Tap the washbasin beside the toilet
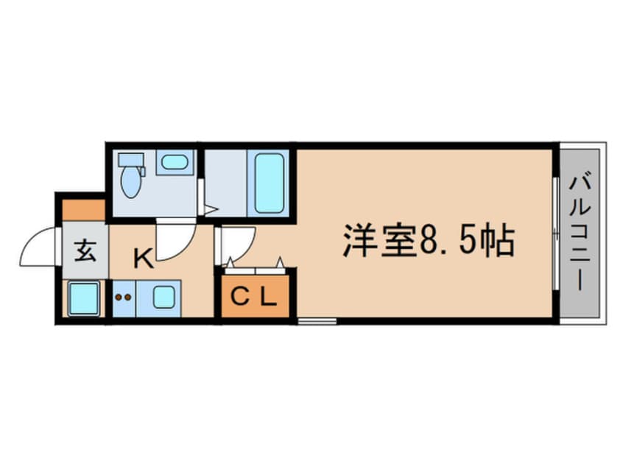(175, 162)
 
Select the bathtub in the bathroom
(269, 182)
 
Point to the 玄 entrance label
(85, 253)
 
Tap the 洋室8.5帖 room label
(426, 241)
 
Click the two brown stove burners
(124, 298)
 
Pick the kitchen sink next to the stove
(163, 298)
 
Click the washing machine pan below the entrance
(82, 299)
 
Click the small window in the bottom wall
(316, 321)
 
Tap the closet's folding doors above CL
(255, 263)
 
